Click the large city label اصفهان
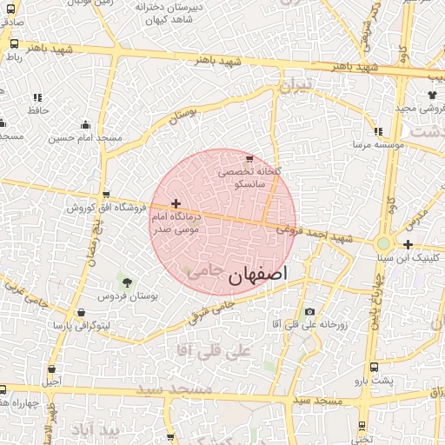[257, 276]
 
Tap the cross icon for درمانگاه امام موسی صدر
[176, 203]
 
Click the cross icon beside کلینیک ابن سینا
[408, 245]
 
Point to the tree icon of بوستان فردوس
[128, 282]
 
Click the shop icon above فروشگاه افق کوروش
[106, 196]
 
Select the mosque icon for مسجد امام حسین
[84, 125]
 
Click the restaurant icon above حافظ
[37, 98]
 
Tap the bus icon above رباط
[13, 43]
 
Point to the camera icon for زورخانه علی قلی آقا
[310, 312]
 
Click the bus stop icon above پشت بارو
[374, 368]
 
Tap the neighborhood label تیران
[294, 88]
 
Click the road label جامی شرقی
[213, 308]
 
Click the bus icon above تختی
[363, 426]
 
